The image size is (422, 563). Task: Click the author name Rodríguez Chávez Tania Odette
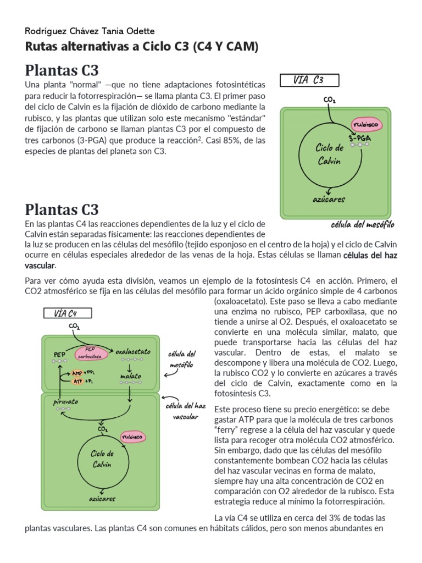(x=90, y=31)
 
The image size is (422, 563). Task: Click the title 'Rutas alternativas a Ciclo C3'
(x=142, y=47)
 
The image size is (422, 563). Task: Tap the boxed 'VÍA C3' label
(x=309, y=80)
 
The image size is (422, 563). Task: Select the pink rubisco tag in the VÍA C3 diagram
(x=367, y=124)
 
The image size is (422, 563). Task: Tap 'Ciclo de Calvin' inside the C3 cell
(x=329, y=154)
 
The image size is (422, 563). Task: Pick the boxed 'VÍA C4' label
(x=68, y=313)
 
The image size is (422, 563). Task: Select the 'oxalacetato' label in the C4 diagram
(x=134, y=350)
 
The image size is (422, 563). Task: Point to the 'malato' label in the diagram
(x=130, y=376)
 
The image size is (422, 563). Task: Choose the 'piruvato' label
(x=65, y=402)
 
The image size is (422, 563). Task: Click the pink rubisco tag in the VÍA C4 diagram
(x=132, y=437)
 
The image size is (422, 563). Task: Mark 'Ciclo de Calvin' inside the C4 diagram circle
(x=102, y=459)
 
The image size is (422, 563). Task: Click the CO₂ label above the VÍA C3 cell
(x=330, y=100)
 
